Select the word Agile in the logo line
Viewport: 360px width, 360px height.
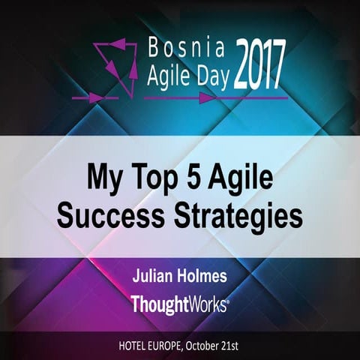pyautogui.click(x=164, y=78)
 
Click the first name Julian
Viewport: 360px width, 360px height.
pyautogui.click(x=155, y=277)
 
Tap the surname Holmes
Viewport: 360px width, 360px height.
pyautogui.click(x=203, y=277)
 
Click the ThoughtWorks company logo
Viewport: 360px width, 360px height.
pyautogui.click(x=179, y=304)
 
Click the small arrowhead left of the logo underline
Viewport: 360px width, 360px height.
pyautogui.click(x=94, y=97)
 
